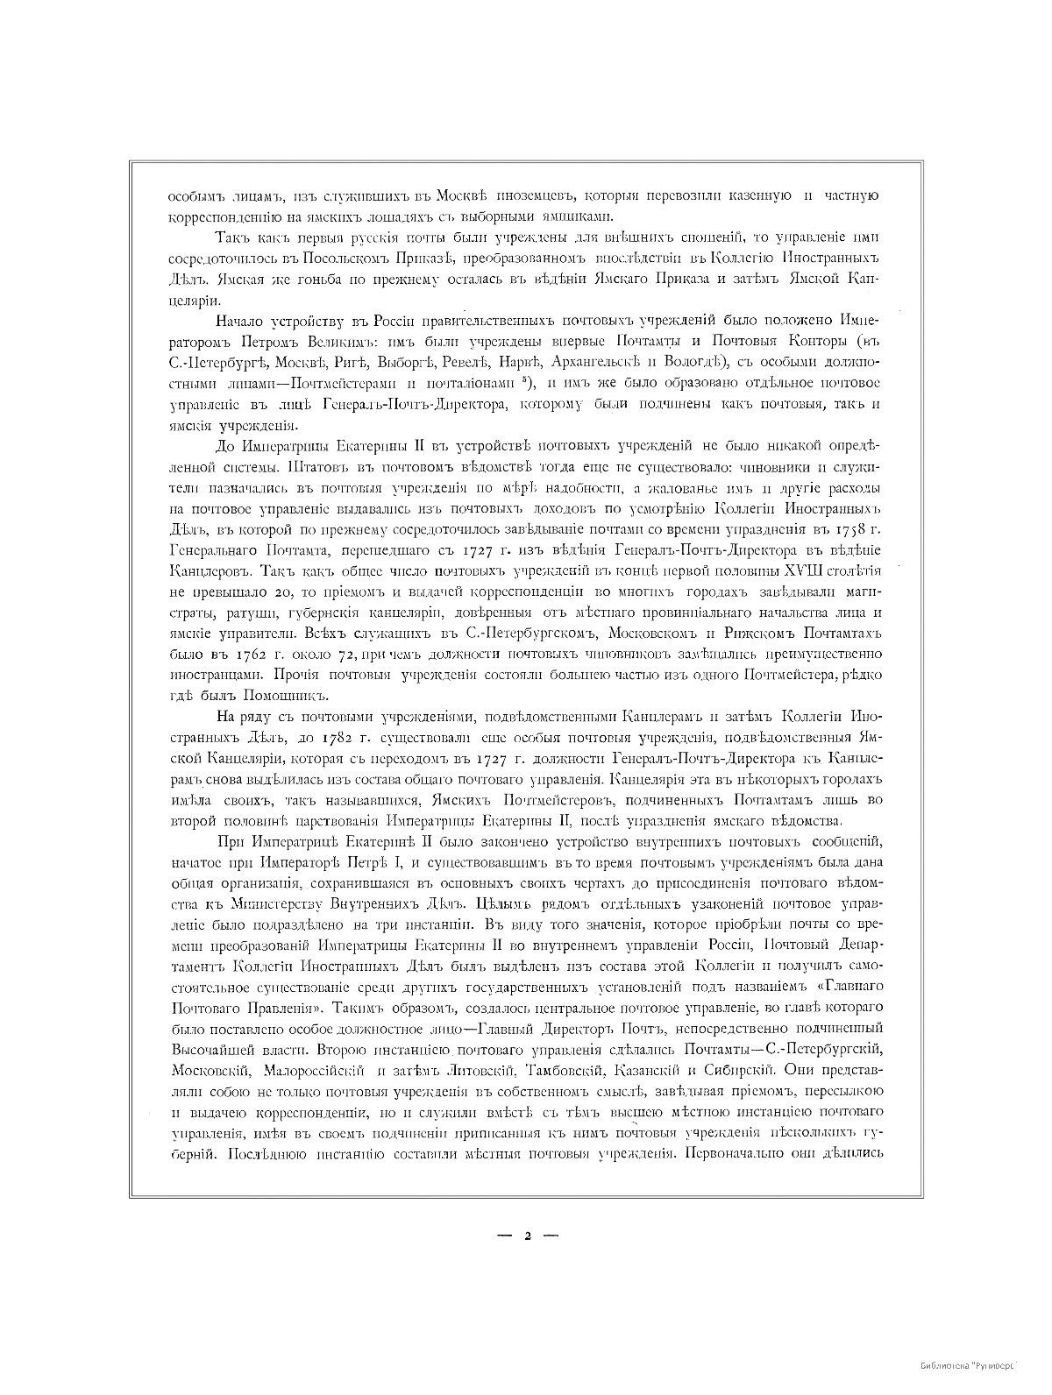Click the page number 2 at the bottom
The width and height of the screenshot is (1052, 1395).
[527, 1236]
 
